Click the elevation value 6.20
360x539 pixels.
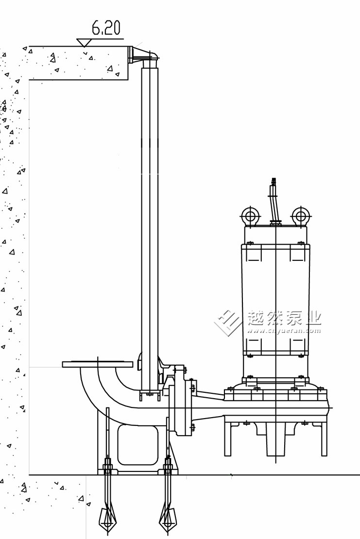tap(106, 28)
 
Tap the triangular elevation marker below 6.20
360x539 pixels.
tap(84, 43)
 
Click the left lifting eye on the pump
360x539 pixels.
tap(250, 216)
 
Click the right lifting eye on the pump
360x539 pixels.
tap(301, 216)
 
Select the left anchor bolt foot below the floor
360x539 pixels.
tap(107, 519)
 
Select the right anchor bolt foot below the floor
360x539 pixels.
tap(168, 519)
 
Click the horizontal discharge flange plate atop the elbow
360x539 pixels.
tap(98, 364)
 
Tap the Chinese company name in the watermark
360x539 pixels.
tap(284, 318)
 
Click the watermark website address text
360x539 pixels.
tap(284, 331)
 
